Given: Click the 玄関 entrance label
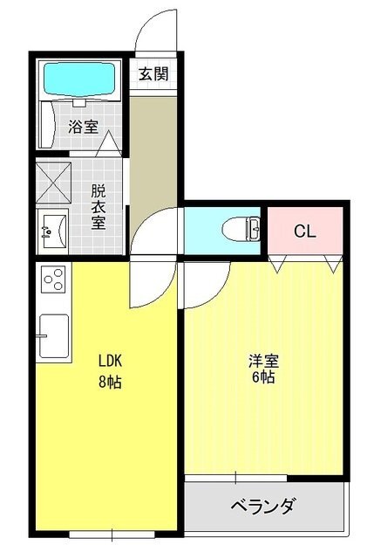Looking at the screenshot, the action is (153, 73).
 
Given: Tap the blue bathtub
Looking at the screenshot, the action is (79, 79).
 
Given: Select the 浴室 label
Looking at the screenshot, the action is (84, 127).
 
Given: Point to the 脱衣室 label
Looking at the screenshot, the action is (99, 207).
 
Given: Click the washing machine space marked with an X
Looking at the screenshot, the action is (54, 183).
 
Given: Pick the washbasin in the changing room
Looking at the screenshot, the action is (52, 231).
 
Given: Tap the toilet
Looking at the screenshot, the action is (241, 229).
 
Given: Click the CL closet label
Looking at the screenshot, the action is (304, 231).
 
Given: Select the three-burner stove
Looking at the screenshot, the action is (53, 279).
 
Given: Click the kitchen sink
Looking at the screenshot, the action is (54, 335).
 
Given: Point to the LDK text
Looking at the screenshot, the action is (111, 361).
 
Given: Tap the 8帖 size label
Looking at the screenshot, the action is (110, 382).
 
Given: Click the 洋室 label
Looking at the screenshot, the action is (263, 361).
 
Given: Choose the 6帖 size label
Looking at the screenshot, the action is (263, 376).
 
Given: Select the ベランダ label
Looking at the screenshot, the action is (263, 506).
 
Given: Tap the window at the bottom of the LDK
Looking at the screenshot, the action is (112, 535).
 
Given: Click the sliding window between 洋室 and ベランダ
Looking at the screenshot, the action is (235, 478).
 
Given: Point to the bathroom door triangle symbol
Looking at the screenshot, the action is (109, 143).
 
